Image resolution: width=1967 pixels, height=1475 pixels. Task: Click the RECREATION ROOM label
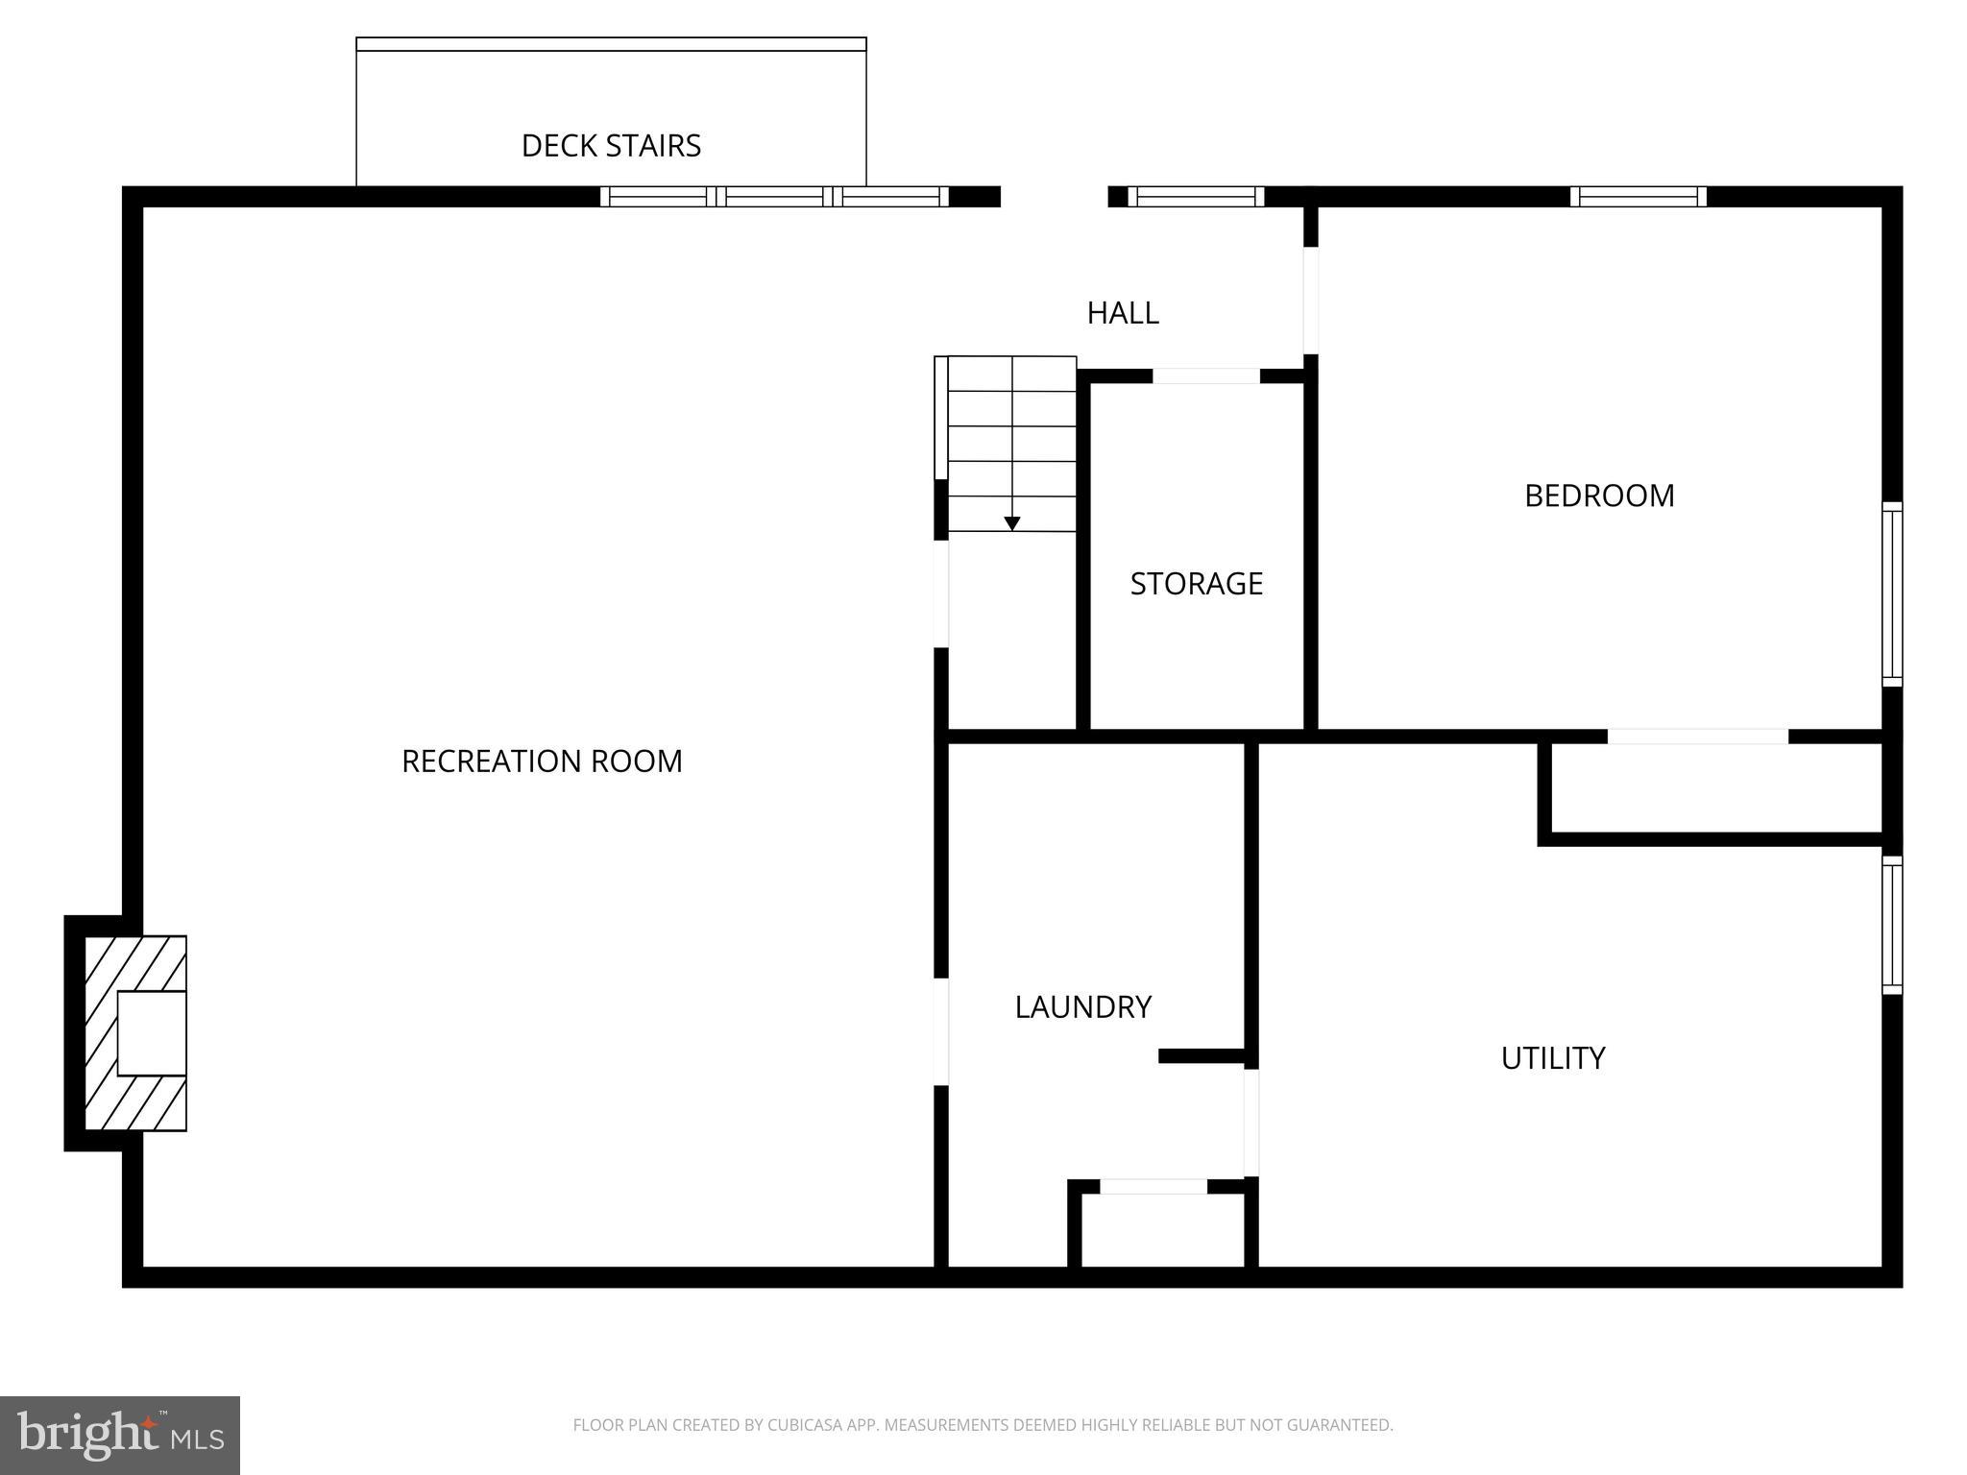[542, 761]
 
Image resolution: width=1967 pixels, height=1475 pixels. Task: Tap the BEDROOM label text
[1599, 496]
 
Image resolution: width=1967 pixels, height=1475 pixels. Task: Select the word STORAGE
[1196, 584]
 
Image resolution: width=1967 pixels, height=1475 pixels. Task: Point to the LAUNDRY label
[1082, 1006]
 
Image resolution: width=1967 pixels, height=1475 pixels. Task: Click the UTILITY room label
[1552, 1058]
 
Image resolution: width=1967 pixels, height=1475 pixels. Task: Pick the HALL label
[1123, 313]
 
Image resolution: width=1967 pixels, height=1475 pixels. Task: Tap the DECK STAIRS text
[611, 146]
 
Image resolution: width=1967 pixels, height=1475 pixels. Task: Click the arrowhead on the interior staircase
[1011, 524]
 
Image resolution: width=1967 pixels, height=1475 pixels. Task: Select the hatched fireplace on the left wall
[135, 1033]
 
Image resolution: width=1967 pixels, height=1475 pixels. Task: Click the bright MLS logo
[120, 1435]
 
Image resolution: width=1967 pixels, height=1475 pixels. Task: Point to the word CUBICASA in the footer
[804, 1425]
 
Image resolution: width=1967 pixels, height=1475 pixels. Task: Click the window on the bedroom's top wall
[1639, 197]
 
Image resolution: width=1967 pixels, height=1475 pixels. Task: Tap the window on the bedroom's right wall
[1891, 593]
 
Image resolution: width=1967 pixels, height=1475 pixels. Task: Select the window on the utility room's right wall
[1891, 925]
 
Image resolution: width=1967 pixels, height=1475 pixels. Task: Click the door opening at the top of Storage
[1205, 376]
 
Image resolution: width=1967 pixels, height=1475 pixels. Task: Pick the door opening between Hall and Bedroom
[1310, 301]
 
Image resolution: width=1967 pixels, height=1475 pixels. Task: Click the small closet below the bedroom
[1715, 789]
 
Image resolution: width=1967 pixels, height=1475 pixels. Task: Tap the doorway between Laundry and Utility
[1251, 1122]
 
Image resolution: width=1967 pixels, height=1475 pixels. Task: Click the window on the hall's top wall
[1195, 197]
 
